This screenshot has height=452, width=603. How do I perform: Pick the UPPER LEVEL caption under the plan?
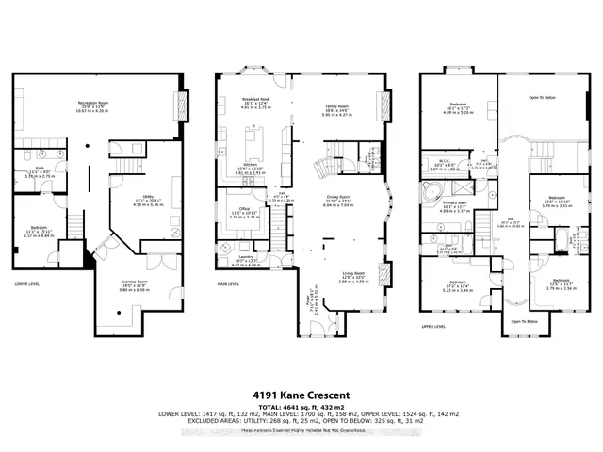click(433, 328)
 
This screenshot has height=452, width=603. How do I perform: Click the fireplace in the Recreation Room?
click(181, 104)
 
